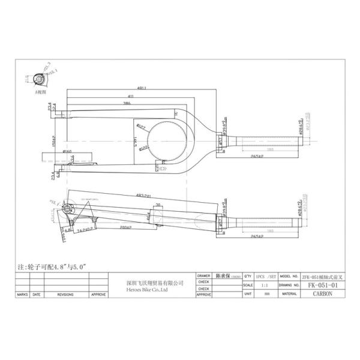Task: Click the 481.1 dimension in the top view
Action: (x=141, y=88)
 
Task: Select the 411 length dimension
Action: (x=131, y=96)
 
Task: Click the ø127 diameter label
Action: (x=142, y=126)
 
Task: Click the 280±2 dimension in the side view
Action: (x=125, y=229)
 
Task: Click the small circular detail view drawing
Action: (x=40, y=79)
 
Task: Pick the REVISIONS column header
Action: (x=65, y=295)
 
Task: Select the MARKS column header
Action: (x=23, y=295)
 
